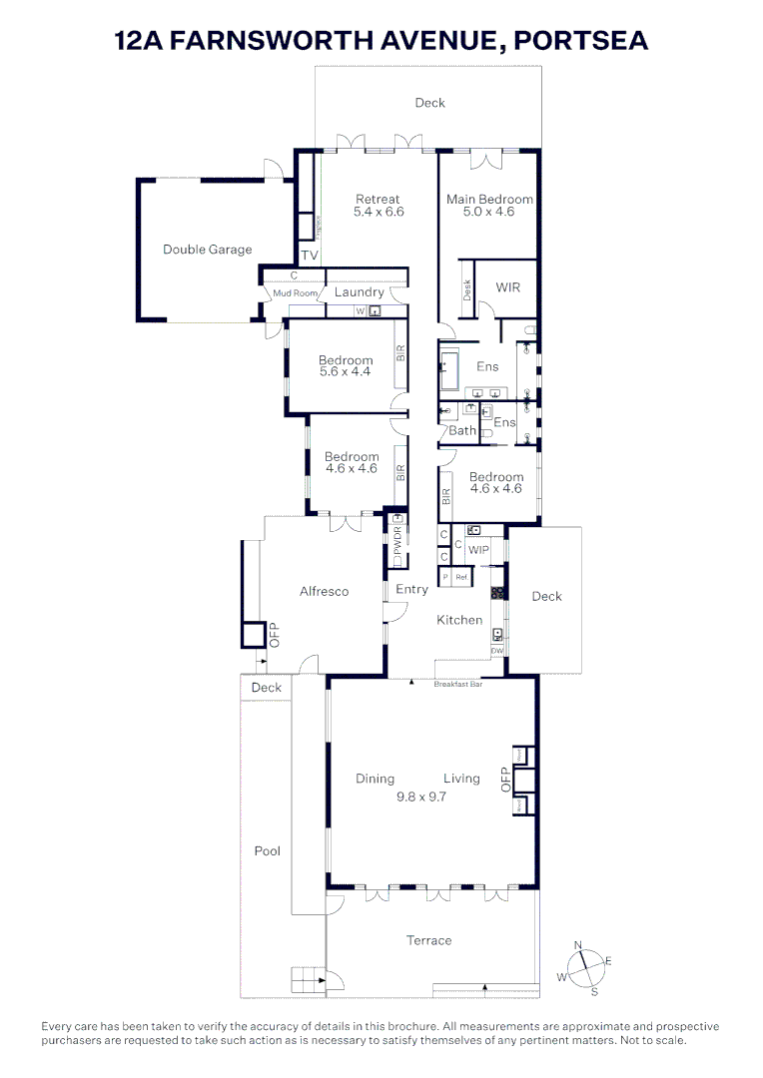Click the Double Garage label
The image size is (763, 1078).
pos(208,250)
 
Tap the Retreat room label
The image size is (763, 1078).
pos(378,199)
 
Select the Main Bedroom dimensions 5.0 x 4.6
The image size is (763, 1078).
pos(489,212)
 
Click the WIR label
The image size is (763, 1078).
pos(508,287)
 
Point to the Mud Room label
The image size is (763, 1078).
pos(295,293)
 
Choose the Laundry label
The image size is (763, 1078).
pos(359,292)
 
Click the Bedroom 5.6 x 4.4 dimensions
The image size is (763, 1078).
pos(346,372)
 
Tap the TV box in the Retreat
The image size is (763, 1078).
pos(310,256)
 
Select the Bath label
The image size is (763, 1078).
pos(462,430)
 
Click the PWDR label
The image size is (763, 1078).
pos(396,545)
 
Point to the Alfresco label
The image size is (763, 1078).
pos(325,591)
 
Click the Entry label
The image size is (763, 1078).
pos(411,590)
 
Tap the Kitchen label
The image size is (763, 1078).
pos(459,620)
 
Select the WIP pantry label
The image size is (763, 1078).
pos(479,550)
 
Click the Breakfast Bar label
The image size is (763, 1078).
pos(458,685)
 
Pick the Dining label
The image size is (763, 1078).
pos(375,779)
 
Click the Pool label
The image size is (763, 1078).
pos(267,851)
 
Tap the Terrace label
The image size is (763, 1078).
pos(428,940)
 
